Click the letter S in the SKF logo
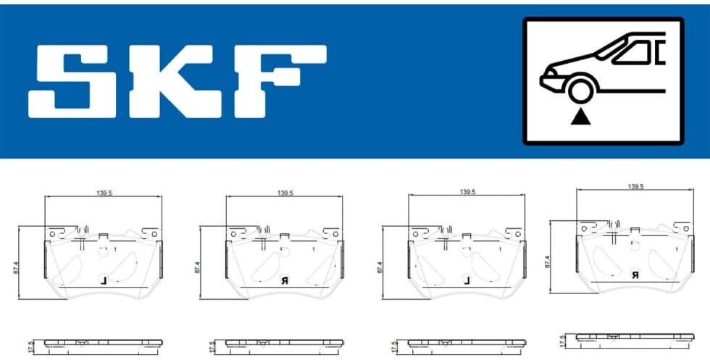tap(72, 82)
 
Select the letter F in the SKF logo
tap(280, 82)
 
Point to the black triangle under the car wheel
tap(580, 117)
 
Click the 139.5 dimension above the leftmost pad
tap(104, 193)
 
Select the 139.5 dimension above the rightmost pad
tap(636, 186)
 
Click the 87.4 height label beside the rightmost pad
tap(547, 261)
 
